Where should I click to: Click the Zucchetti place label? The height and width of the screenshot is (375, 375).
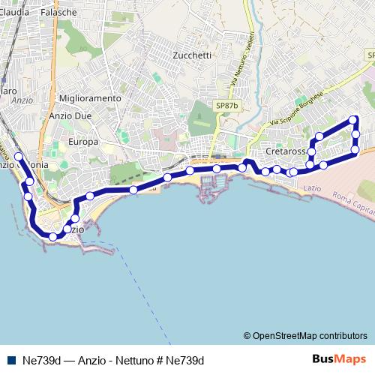click(192, 55)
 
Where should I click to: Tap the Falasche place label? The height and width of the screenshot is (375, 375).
click(59, 13)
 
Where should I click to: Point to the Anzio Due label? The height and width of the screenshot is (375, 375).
click(70, 116)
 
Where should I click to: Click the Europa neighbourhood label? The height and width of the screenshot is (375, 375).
click(83, 142)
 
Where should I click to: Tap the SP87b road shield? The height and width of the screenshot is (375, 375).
click(226, 106)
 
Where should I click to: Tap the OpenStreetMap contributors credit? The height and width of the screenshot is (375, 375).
click(304, 335)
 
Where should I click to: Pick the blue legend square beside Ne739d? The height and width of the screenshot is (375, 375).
click(11, 359)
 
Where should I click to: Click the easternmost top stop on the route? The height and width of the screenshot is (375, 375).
click(354, 120)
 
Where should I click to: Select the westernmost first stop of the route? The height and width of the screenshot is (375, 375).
click(19, 157)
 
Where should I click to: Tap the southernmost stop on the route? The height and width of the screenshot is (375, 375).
click(52, 236)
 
